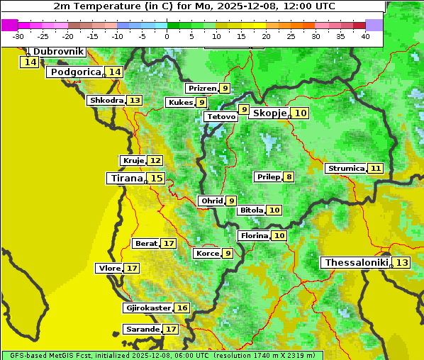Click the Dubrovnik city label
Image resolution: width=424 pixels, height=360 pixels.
[57, 52]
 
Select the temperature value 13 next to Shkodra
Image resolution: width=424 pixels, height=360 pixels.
[135, 101]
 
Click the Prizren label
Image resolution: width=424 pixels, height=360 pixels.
[201, 89]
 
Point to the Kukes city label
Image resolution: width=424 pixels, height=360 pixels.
[179, 103]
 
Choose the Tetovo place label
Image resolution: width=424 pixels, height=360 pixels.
[221, 116]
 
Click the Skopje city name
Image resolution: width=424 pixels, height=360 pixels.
[269, 113]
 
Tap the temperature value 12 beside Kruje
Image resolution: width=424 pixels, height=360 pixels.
[155, 161]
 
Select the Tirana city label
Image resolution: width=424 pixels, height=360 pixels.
[125, 179]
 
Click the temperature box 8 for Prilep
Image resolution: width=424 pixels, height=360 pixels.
[289, 176]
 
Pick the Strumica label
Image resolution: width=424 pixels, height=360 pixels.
[345, 169]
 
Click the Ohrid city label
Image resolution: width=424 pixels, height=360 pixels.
[211, 201]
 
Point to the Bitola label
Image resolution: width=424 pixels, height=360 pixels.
[251, 210]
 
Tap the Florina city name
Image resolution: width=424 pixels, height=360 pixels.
[254, 235]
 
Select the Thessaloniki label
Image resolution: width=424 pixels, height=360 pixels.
[356, 263]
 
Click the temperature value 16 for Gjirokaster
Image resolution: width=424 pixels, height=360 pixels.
[182, 308]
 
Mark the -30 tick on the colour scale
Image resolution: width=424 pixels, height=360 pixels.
[18, 36]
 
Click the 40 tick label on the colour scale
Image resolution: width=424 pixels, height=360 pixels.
[365, 36]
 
